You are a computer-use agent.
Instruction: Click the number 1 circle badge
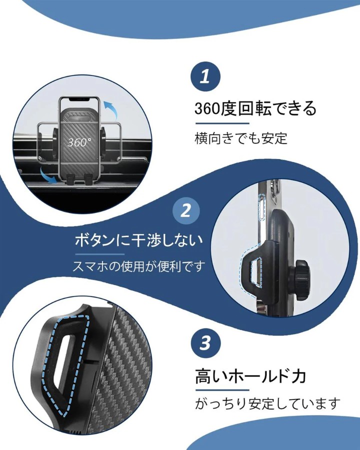[x=205, y=77]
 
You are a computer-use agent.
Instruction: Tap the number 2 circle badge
[x=186, y=210]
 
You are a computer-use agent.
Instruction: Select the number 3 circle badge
[x=205, y=342]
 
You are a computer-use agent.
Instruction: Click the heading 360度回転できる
[x=255, y=108]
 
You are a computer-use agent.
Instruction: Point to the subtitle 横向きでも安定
[x=240, y=138]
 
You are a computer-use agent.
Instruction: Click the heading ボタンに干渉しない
[x=138, y=240]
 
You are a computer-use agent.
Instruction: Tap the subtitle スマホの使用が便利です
[x=138, y=266]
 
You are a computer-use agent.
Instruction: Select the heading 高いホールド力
[x=250, y=376]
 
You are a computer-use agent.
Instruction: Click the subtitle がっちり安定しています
[x=267, y=404]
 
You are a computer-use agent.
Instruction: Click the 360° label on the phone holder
[x=79, y=142]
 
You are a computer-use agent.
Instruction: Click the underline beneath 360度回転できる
[x=222, y=123]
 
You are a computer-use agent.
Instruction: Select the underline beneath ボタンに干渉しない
[x=99, y=254]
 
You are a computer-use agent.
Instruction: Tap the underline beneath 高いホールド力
[x=222, y=390]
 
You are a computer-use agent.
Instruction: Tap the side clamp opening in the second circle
[x=256, y=272]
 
